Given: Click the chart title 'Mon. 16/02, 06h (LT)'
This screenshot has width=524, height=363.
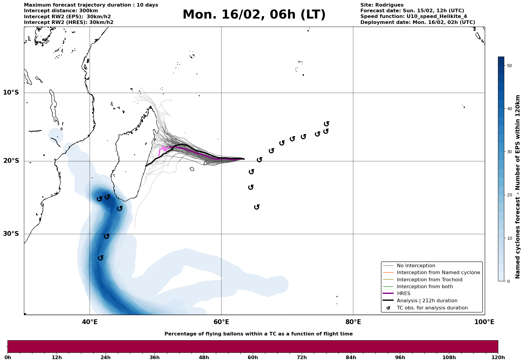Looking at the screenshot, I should [254, 15].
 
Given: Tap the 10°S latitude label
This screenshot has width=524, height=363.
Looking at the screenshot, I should [11, 92].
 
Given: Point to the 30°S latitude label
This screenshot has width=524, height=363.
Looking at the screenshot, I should [11, 234].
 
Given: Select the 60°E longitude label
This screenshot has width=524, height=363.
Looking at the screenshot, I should [221, 322].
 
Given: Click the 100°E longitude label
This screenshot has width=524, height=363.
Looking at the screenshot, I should [484, 322].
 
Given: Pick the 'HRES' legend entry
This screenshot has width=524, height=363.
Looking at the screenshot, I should [403, 294].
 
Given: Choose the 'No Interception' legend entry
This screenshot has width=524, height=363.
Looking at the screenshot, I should [416, 266].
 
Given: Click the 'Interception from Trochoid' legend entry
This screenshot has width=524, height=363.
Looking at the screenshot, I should [429, 280].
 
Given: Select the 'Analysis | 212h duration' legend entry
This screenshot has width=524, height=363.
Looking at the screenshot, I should [427, 301].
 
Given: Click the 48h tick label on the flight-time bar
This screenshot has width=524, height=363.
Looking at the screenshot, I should [204, 357].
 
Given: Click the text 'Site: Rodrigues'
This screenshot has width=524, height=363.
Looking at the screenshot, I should [382, 5].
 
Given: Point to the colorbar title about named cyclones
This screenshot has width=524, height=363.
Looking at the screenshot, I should [518, 187].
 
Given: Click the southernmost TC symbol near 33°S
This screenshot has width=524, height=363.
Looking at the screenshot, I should [101, 258].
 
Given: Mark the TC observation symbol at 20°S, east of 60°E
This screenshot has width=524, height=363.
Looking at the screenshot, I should [260, 160].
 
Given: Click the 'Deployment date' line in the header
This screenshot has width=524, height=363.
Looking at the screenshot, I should [418, 22].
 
